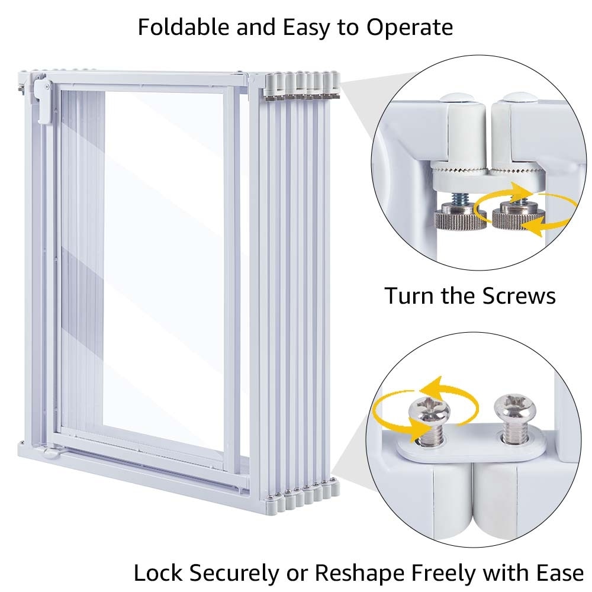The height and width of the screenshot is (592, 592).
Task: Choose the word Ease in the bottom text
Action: (558, 572)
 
